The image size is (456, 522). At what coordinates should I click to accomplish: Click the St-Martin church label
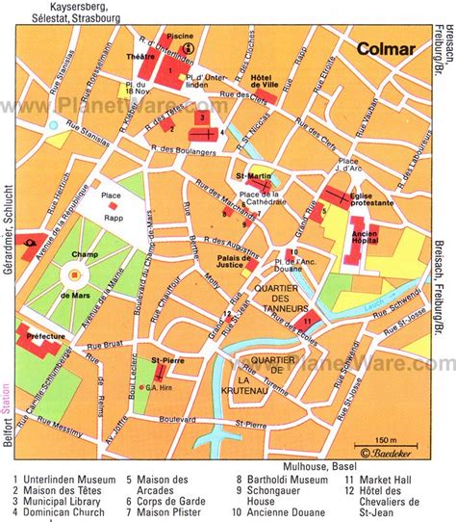[x=251, y=176]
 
